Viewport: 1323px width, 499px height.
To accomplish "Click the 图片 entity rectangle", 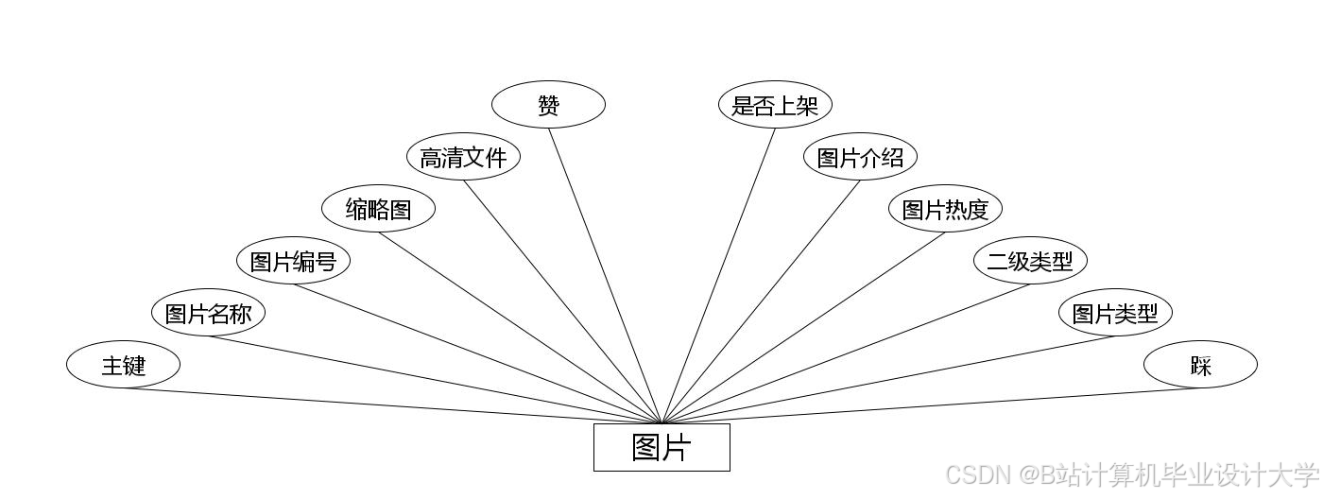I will (661, 447).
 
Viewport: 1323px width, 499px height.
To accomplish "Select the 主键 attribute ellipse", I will (123, 365).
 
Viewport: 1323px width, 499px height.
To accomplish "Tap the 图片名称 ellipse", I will (208, 313).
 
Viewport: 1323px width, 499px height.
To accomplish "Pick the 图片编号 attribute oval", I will (293, 261).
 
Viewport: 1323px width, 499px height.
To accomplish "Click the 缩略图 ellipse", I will (378, 209).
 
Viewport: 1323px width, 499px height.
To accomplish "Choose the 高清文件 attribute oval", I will (463, 157).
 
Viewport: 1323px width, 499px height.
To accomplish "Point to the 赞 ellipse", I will (548, 105).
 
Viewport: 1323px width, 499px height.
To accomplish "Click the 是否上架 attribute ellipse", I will (775, 105).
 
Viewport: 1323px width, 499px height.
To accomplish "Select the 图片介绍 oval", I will (860, 157).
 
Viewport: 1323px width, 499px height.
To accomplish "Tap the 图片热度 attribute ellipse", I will (945, 209).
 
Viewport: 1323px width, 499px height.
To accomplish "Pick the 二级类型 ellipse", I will (1030, 261).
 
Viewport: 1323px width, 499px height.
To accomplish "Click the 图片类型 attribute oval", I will (1115, 313).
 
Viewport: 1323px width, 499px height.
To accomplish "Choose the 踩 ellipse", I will (1200, 365).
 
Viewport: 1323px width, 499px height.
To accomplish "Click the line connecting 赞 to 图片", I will (605, 275).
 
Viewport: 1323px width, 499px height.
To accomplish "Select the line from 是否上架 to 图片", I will (718, 275).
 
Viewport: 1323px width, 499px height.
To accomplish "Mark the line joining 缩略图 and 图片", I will (520, 328).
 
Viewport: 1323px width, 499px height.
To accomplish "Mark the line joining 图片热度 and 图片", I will (803, 328).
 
